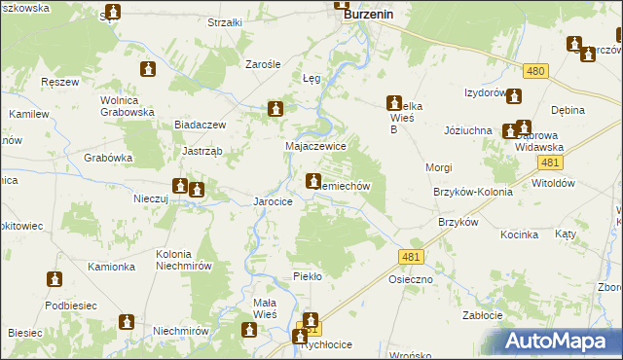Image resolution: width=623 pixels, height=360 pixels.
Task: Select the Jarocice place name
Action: pyautogui.click(x=274, y=201)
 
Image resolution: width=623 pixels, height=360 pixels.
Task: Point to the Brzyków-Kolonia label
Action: pyautogui.click(x=473, y=192)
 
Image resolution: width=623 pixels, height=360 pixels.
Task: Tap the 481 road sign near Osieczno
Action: pyautogui.click(x=411, y=256)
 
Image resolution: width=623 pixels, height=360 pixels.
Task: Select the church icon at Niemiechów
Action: pyautogui.click(x=313, y=180)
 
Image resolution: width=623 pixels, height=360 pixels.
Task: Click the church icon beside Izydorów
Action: pyautogui.click(x=514, y=96)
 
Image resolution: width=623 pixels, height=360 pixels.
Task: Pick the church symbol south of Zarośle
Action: pyautogui.click(x=277, y=110)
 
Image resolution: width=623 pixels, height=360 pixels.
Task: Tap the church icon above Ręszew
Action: pyautogui.click(x=148, y=69)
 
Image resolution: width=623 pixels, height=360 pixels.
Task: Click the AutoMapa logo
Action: pyautogui.click(x=563, y=342)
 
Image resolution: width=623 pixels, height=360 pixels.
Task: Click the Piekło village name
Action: pyautogui.click(x=308, y=276)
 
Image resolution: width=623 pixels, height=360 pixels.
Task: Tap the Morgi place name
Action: pyautogui.click(x=439, y=167)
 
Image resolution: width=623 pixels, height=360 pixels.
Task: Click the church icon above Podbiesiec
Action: pyautogui.click(x=55, y=280)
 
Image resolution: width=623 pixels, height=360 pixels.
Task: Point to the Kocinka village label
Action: pyautogui.click(x=520, y=234)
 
